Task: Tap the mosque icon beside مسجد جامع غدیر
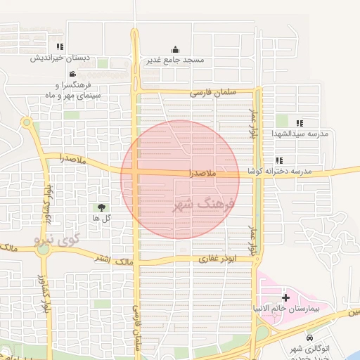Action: point(175,49)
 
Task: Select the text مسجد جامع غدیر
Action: point(175,60)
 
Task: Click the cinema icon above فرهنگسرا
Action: point(72,74)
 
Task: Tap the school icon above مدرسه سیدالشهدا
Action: point(300,123)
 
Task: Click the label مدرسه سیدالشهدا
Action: point(300,134)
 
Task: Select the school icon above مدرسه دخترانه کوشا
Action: point(280,160)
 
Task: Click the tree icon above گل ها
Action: point(102,207)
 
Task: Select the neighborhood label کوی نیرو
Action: point(58,240)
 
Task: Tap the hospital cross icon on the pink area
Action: point(285,297)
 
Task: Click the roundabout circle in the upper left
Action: point(27,123)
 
